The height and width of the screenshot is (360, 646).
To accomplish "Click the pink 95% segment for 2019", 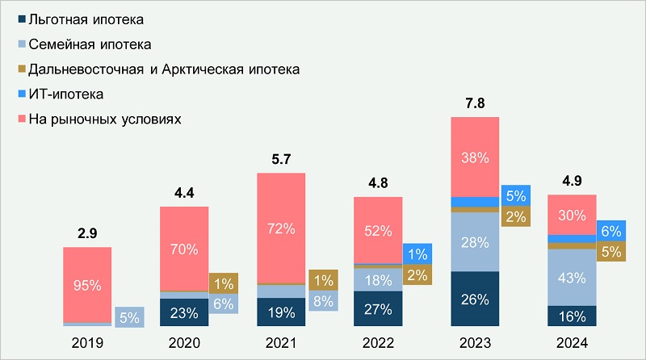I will (87, 284).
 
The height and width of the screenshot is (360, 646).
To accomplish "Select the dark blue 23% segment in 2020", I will (184, 312).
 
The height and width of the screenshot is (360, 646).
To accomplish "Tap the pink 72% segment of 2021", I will (281, 228).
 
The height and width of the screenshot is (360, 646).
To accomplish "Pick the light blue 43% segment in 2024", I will (572, 278).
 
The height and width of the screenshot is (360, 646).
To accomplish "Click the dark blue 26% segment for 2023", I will (475, 299).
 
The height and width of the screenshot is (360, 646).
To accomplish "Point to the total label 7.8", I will (475, 103).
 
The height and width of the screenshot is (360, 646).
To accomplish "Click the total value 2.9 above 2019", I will (87, 234).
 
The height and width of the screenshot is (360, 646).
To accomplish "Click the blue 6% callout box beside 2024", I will (611, 229).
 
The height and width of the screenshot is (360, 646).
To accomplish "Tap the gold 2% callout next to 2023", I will (514, 216).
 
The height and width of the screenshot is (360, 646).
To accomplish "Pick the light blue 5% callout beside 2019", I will (128, 318).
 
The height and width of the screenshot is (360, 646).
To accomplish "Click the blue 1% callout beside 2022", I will (417, 253).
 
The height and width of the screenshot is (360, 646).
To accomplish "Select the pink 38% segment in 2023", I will (475, 157).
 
